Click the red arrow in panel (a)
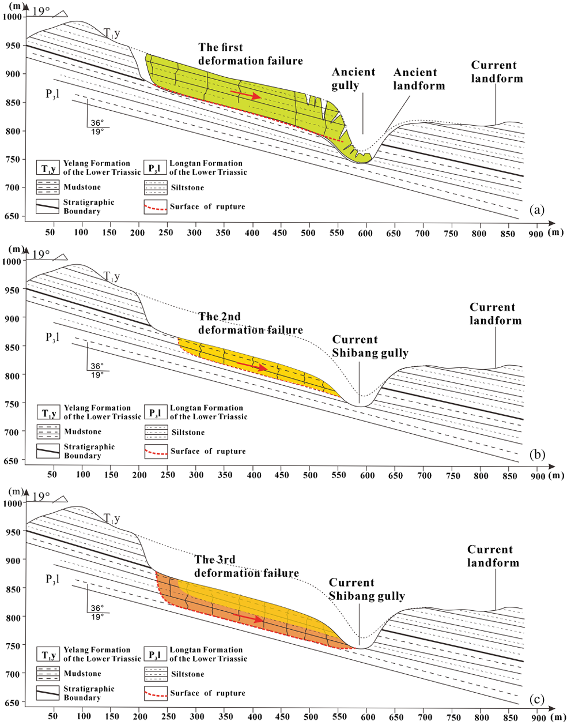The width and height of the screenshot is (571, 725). pyautogui.click(x=246, y=95)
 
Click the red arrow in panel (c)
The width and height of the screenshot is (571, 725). pyautogui.click(x=248, y=618)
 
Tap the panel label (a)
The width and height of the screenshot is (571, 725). pyautogui.click(x=536, y=210)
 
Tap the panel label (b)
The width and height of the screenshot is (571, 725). pyautogui.click(x=536, y=455)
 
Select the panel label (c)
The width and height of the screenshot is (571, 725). pyautogui.click(x=536, y=697)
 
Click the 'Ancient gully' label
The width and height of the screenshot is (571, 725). pyautogui.click(x=354, y=79)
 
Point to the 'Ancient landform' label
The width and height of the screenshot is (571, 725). pyautogui.click(x=419, y=79)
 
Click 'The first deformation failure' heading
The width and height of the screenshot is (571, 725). pyautogui.click(x=251, y=54)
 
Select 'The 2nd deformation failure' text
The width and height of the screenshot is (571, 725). pyautogui.click(x=251, y=323)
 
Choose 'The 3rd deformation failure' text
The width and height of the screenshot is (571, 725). pyautogui.click(x=247, y=566)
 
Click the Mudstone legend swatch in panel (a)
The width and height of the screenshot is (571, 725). pyautogui.click(x=48, y=187)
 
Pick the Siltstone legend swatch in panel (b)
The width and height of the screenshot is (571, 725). pyautogui.click(x=156, y=432)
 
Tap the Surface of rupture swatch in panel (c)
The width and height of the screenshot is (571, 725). pyautogui.click(x=156, y=693)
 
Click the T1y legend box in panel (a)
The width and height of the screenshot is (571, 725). pyautogui.click(x=48, y=168)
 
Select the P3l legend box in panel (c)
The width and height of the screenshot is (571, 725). pyautogui.click(x=156, y=655)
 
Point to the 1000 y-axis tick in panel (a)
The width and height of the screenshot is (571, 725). pyautogui.click(x=12, y=17)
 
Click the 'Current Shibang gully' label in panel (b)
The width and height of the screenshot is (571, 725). pyautogui.click(x=370, y=346)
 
